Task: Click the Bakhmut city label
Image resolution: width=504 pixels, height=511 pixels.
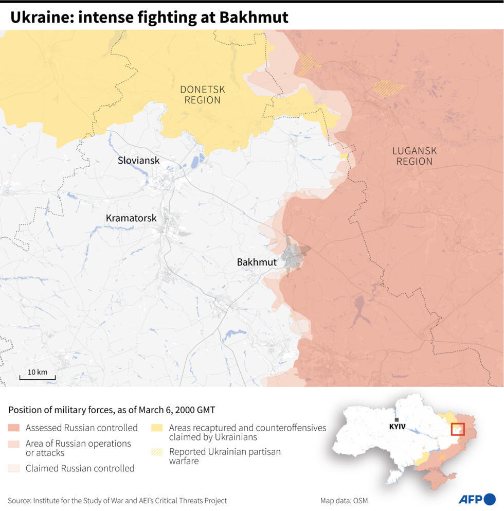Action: coord(257,262)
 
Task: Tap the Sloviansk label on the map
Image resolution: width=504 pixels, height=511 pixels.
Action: coord(138,161)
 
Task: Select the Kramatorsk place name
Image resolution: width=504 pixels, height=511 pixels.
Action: coord(131,218)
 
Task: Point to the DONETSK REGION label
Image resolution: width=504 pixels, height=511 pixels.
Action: coord(203,95)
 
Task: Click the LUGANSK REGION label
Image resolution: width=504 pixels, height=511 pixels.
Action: coord(414,156)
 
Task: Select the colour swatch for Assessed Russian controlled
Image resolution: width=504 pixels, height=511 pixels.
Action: coord(14,428)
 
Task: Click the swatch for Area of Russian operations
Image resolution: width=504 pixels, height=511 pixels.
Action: coord(14,444)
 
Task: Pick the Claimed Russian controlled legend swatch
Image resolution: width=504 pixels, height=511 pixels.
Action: coord(14,468)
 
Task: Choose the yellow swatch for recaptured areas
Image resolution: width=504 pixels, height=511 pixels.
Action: coord(157,428)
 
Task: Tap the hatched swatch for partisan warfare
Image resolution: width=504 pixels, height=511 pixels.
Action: coord(157,452)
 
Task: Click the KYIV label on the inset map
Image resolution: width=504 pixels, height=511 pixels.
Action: coord(398,427)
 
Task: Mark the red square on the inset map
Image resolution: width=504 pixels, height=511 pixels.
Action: coord(457,430)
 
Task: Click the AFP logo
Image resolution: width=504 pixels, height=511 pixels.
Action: coord(477,499)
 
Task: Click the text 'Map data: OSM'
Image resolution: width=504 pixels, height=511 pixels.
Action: coord(344,501)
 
